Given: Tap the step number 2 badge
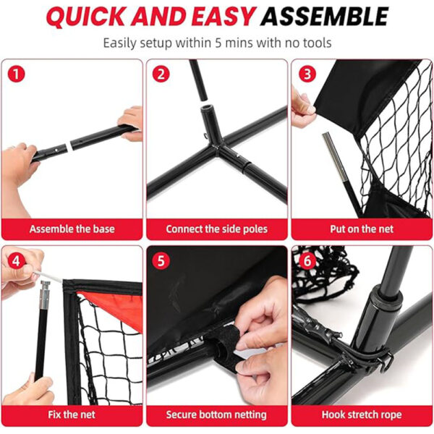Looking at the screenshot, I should coord(162,74).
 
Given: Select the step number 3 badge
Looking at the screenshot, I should coord(307,74).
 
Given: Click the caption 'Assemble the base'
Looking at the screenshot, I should coord(72,229).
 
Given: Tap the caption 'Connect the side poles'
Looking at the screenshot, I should coord(216,229).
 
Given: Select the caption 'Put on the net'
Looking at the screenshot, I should coord(362,229).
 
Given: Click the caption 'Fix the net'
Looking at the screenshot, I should coord(72,414).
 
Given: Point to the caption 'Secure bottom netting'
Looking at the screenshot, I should coord(216,414).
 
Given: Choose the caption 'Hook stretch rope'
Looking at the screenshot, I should coord(362,414).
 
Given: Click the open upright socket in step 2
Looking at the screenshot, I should coord(209,116).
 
